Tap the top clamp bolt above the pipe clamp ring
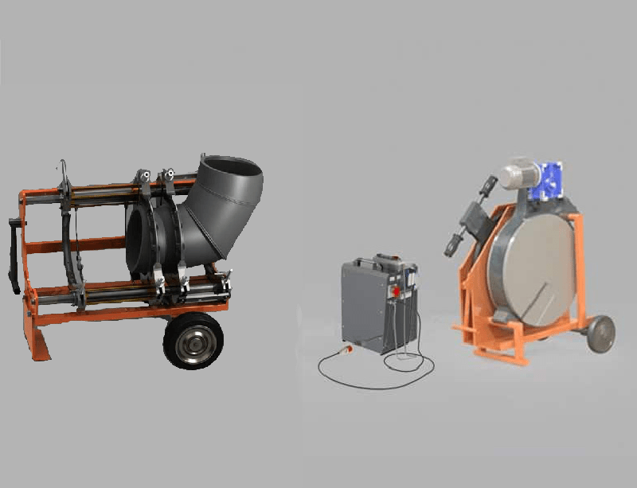coord(166,176)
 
